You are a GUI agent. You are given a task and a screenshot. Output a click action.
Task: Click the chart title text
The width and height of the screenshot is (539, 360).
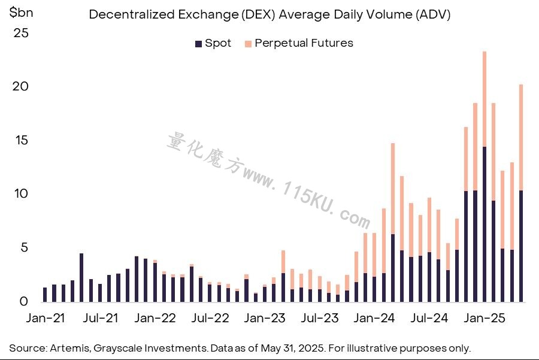(269, 14)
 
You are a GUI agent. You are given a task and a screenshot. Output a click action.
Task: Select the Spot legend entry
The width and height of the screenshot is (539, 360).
(213, 43)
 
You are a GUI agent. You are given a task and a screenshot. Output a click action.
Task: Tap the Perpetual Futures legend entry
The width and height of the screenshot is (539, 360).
(299, 43)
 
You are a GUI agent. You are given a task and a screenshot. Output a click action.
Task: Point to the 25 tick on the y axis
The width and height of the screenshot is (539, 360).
(21, 33)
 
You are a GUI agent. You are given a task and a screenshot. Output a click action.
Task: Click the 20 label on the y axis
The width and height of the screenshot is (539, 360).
(20, 86)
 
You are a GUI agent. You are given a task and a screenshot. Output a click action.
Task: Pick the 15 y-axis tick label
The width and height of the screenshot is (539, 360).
(22, 140)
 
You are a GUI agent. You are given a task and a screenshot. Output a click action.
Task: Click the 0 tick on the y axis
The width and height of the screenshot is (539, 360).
(24, 301)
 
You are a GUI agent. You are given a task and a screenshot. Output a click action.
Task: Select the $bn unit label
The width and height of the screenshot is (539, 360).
(22, 13)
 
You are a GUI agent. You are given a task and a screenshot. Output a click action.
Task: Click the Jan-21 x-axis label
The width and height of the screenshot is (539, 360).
(46, 318)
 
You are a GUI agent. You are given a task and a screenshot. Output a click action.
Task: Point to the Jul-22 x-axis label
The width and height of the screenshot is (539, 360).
(210, 318)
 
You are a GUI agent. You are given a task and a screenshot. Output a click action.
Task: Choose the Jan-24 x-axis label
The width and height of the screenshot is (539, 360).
(374, 318)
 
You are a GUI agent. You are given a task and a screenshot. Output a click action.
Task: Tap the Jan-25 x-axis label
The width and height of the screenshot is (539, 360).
(485, 318)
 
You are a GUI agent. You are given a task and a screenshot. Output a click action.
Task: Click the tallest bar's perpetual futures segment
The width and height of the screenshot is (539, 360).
(485, 99)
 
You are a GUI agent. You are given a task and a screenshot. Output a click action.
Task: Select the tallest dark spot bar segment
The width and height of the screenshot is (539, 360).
(485, 225)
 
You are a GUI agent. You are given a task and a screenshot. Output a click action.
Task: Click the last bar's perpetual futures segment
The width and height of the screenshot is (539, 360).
(521, 138)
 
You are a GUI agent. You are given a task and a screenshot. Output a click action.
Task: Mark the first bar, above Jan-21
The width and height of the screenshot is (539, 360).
(45, 295)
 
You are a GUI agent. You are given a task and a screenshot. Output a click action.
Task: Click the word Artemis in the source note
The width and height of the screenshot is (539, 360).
(71, 348)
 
